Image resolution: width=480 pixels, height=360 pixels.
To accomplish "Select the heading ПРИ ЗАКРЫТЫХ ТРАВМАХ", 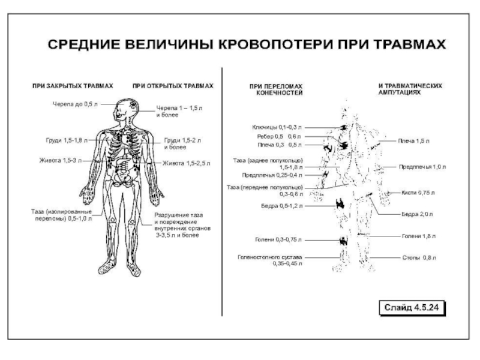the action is [x=73, y=86].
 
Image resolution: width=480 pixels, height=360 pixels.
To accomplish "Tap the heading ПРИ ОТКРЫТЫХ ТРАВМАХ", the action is [x=173, y=86].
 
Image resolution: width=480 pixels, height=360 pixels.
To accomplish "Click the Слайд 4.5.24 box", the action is [x=412, y=308].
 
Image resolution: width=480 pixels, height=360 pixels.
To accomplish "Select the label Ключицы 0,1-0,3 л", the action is [x=278, y=127].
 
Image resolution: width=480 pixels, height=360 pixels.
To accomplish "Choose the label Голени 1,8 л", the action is [x=418, y=237].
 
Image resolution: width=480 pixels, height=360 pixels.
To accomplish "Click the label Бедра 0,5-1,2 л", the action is [x=283, y=206].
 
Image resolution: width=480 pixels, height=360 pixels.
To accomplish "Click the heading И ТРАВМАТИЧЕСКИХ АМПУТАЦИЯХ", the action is [x=410, y=89].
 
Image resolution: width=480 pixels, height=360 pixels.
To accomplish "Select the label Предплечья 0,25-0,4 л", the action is [x=272, y=175].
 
